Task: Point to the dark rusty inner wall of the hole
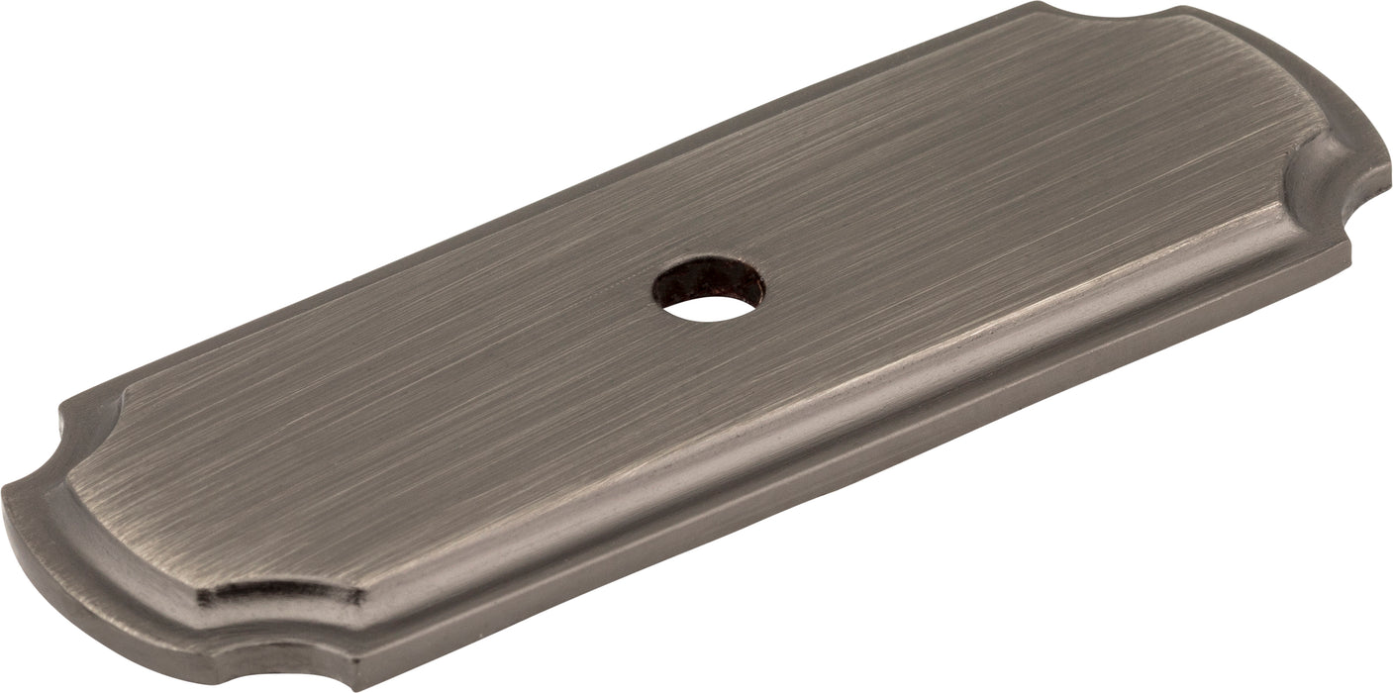pyautogui.click(x=705, y=272)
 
